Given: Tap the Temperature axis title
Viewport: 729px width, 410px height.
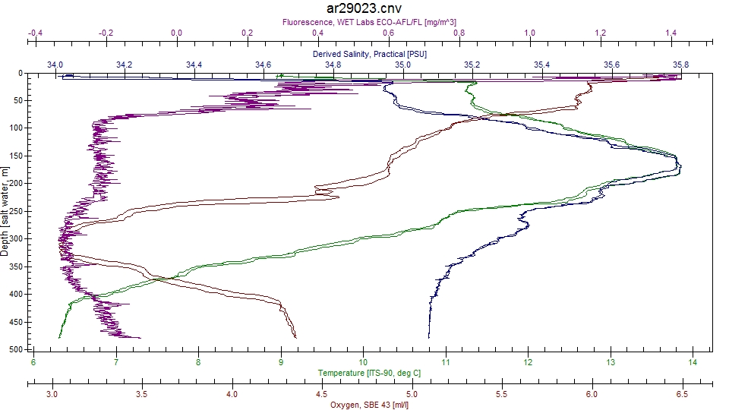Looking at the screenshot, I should [x=369, y=374].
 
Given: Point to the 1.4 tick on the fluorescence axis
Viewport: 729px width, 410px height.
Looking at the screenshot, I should [x=671, y=33].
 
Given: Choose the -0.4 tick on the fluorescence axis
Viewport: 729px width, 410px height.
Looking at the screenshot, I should [x=34, y=33].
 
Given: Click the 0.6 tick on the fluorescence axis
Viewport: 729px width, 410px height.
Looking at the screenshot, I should [x=389, y=33].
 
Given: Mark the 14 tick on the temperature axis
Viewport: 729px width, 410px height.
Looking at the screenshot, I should [x=692, y=363].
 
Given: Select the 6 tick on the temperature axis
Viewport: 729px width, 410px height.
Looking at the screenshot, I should [x=33, y=363].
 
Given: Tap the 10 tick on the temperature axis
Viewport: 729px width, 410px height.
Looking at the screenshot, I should [x=363, y=363].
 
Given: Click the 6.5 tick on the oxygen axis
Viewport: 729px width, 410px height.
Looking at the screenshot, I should [x=682, y=394].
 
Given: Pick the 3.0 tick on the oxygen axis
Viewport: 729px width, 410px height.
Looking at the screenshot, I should [x=52, y=394].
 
